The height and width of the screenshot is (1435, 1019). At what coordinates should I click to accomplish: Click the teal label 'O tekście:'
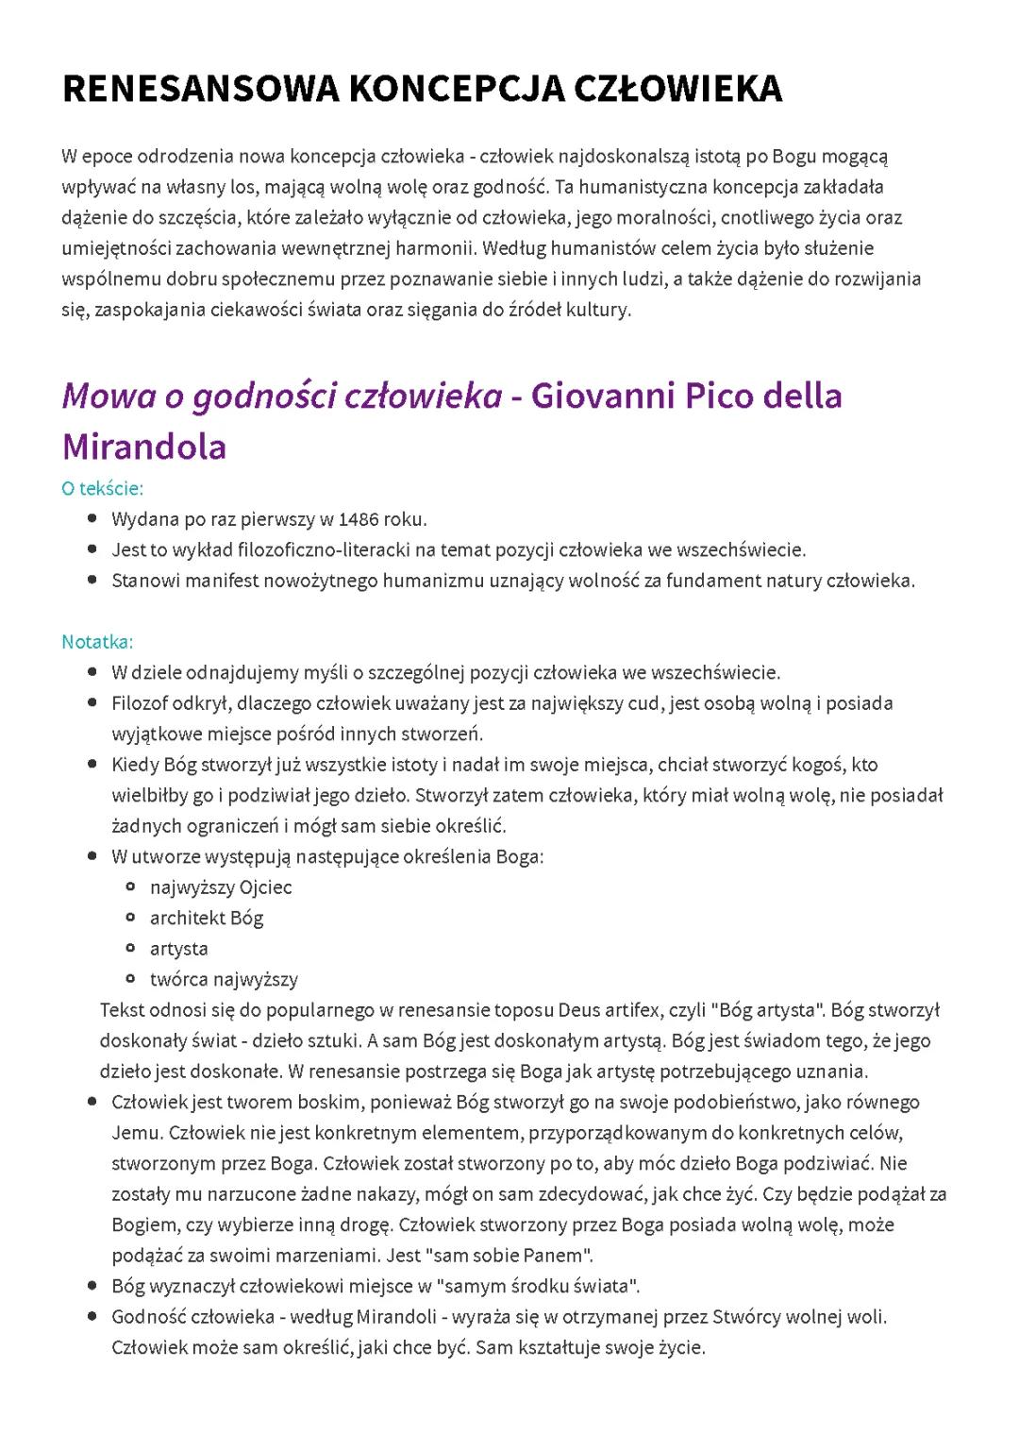coord(102,488)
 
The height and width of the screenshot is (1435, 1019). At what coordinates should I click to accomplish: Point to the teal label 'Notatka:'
coord(97,642)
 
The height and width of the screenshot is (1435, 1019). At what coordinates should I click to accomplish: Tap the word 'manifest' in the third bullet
coord(222,581)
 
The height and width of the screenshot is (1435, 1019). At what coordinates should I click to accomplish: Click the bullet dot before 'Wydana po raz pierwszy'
coord(92,518)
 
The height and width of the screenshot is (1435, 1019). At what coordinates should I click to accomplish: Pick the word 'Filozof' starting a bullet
coord(138,703)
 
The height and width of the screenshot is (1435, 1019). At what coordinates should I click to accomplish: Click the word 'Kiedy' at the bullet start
coord(134,765)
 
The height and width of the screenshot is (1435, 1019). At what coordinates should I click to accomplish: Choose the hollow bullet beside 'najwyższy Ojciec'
coord(132,886)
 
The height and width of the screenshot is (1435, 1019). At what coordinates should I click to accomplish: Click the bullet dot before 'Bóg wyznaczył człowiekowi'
coord(92,1286)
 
